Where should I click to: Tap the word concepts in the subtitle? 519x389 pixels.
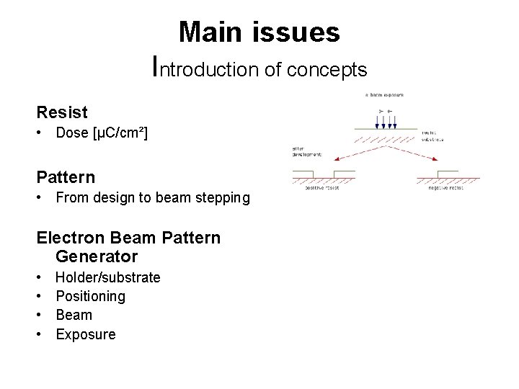click(x=327, y=70)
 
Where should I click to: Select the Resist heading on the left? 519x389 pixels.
click(x=62, y=112)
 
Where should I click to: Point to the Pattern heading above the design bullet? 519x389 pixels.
click(x=66, y=177)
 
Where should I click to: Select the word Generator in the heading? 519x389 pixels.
click(x=96, y=256)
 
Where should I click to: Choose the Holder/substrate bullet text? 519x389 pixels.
click(x=107, y=277)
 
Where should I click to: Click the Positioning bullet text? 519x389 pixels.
click(x=90, y=296)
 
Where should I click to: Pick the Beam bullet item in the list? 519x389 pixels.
click(x=74, y=315)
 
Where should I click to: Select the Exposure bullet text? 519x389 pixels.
click(x=85, y=334)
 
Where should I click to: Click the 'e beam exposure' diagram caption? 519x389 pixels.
click(x=384, y=95)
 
